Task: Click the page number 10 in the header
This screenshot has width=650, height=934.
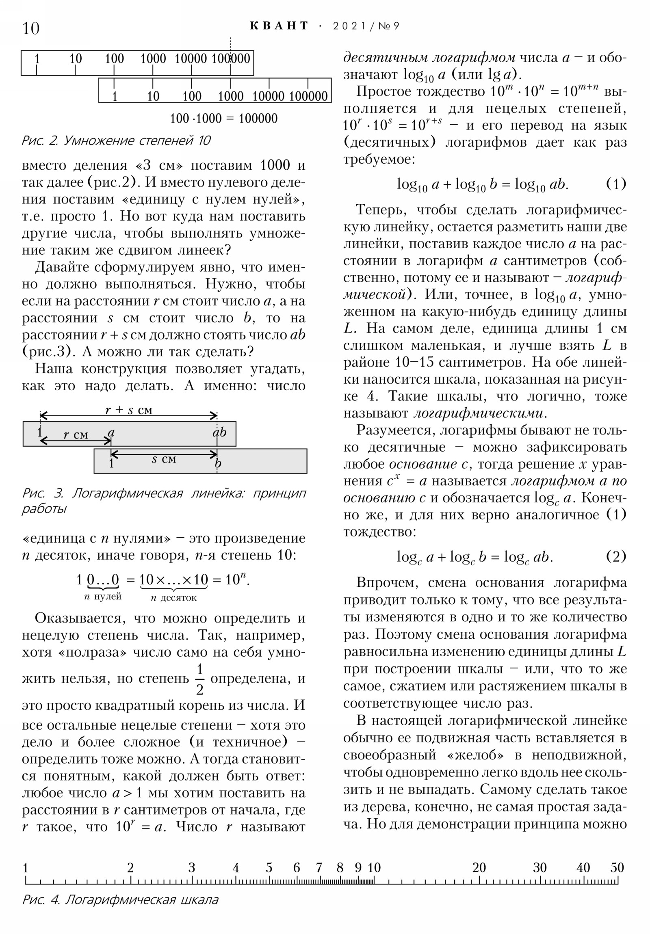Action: (31, 28)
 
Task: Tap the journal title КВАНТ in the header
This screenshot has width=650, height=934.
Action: (279, 26)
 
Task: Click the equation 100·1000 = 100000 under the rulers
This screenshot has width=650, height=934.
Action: (223, 119)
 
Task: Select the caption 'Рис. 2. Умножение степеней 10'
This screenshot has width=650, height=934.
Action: (116, 141)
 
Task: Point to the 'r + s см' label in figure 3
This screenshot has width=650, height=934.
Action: (129, 410)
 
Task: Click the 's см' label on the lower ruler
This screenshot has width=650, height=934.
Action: (164, 459)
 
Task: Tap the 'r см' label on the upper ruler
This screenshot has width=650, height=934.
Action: (76, 435)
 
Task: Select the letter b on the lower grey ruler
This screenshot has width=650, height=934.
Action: (218, 463)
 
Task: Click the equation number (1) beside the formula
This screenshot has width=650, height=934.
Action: (616, 184)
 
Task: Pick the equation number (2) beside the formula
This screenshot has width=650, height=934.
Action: (616, 556)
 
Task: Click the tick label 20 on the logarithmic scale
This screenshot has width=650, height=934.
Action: (479, 868)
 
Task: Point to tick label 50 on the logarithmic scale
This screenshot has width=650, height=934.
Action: (617, 868)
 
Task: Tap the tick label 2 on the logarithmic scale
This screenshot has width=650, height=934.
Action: (130, 868)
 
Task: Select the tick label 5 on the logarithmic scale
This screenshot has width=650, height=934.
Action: (269, 868)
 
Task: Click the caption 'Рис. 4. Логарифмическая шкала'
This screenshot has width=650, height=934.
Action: (121, 899)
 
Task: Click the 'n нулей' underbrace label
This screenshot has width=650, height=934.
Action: (103, 597)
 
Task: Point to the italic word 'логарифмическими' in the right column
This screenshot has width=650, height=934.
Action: (479, 413)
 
